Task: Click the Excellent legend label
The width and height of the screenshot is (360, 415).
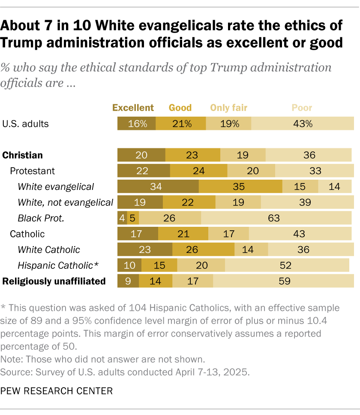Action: pos(133,108)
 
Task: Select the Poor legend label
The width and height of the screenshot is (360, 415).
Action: pos(302,108)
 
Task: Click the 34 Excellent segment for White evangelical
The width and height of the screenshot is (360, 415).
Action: pos(158,186)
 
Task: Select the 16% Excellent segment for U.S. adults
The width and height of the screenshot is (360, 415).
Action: pos(136,124)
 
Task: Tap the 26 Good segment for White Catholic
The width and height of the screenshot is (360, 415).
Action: pos(203,250)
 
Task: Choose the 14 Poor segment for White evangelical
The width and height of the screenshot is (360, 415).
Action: pos(335,186)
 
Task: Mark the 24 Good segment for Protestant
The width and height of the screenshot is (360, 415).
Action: pos(198,171)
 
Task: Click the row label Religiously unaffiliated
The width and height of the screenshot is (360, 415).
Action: pos(54,281)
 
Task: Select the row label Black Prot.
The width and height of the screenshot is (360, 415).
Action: pos(41,218)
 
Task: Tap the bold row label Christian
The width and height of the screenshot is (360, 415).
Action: pos(23,155)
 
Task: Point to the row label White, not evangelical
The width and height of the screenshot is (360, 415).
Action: pos(66,202)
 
